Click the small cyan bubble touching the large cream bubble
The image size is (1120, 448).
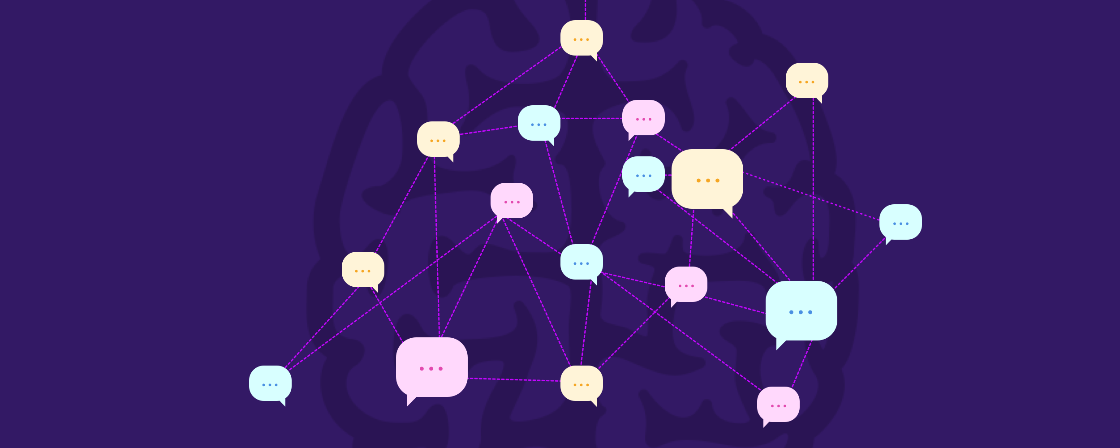click(x=643, y=174)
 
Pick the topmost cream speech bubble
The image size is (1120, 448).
click(x=582, y=38)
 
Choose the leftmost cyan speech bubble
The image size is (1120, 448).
click(x=270, y=383)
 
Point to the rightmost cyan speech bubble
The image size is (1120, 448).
click(x=900, y=222)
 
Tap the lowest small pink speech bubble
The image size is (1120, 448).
click(x=778, y=404)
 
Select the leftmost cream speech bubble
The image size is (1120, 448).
click(x=363, y=269)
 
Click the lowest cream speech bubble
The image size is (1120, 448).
click(x=582, y=383)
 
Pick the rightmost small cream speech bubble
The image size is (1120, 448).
click(x=807, y=80)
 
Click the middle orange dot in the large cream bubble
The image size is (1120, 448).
click(x=708, y=181)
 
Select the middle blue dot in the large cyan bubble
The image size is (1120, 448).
click(x=801, y=312)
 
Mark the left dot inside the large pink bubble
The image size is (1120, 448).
click(x=422, y=369)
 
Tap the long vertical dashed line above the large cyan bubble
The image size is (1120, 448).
click(x=813, y=188)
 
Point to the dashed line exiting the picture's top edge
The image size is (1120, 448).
click(x=585, y=9)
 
